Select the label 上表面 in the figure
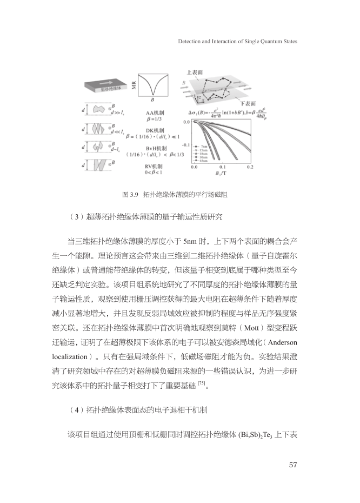click(196, 71)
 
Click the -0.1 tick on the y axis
click(185, 145)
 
